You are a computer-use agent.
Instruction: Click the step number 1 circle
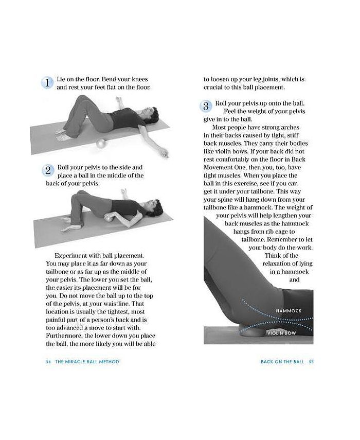[x=47, y=83]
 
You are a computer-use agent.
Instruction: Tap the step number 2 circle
[x=48, y=171]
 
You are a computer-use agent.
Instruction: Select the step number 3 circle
[x=205, y=107]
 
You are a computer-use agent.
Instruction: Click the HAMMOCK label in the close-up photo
[x=289, y=311]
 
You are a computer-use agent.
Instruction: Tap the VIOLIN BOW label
[x=281, y=333]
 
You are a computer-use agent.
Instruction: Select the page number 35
[x=311, y=362]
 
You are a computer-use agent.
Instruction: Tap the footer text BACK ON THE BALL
[x=282, y=362]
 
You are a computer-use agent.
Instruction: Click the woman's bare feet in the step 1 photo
[x=63, y=136]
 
